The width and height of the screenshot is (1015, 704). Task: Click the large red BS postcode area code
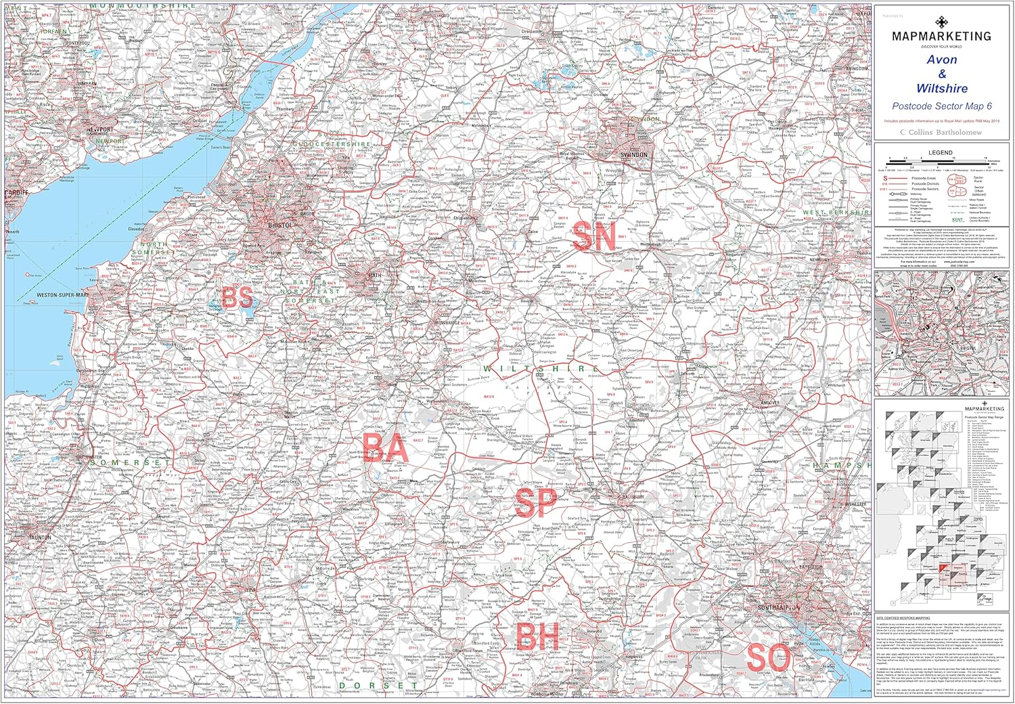pos(238,297)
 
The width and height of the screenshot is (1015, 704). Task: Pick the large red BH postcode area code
pos(537,636)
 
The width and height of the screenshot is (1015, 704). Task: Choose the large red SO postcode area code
pos(769,658)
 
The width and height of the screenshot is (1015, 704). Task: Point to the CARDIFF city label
pos(15,193)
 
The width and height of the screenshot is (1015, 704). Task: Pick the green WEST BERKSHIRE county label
pos(835,213)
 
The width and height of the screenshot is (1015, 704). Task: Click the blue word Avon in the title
pos(941,60)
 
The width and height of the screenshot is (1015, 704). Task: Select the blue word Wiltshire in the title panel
pos(941,89)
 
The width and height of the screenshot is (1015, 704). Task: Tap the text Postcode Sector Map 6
pos(941,106)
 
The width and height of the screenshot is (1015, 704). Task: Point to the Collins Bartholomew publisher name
pos(945,133)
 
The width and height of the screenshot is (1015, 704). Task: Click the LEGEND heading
pos(940,152)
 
